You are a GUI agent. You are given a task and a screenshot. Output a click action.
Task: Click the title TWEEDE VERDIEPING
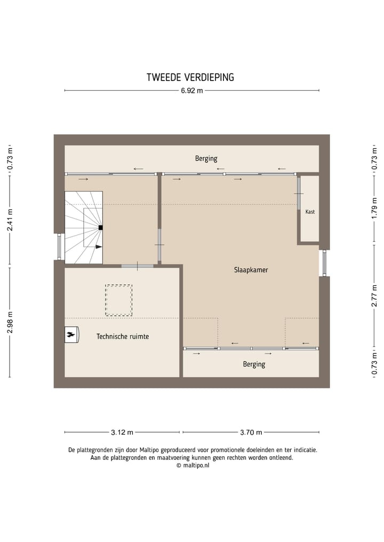pos(190,77)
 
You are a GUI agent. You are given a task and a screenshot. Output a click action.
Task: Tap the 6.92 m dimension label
pos(192,91)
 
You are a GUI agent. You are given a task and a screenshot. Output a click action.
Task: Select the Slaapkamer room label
pos(251,270)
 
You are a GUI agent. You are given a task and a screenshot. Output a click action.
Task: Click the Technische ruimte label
pos(123,336)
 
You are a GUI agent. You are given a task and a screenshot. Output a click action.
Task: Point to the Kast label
pos(310,212)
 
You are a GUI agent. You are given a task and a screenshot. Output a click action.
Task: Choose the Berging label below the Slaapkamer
pos(254,365)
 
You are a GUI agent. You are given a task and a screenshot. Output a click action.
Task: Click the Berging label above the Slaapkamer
pos(206,159)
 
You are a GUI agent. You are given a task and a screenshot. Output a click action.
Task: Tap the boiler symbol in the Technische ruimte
pos(72,335)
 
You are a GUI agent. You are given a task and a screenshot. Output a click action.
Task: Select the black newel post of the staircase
pos(100,228)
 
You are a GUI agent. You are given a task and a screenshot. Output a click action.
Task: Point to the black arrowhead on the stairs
pos(99,247)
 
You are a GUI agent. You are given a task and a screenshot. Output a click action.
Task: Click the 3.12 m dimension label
pos(122,432)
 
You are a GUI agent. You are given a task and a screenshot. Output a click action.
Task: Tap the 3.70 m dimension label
pos(251,432)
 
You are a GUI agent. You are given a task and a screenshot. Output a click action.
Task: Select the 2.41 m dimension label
pos(10,220)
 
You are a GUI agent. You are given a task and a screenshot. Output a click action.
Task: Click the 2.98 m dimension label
pos(10,322)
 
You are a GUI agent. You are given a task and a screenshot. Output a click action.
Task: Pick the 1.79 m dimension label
pos(374,208)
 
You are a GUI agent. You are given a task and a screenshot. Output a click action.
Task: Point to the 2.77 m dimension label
pos(374,296)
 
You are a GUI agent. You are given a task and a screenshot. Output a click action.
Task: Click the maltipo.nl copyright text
pos(193,465)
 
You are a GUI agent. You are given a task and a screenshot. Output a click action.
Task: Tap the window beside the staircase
pos(59,247)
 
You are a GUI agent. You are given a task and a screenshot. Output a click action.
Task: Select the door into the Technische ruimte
pos(138,266)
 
